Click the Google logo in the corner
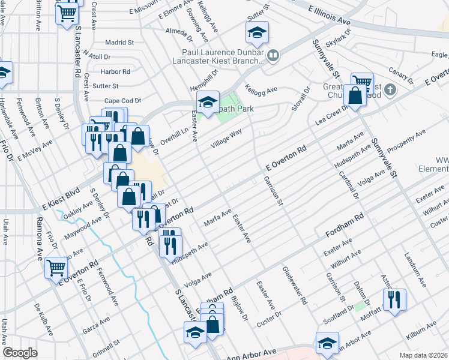[20, 353]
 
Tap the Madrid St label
[119, 43]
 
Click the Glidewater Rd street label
[295, 285]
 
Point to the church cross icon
[390, 91]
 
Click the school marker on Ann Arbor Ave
[327, 343]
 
